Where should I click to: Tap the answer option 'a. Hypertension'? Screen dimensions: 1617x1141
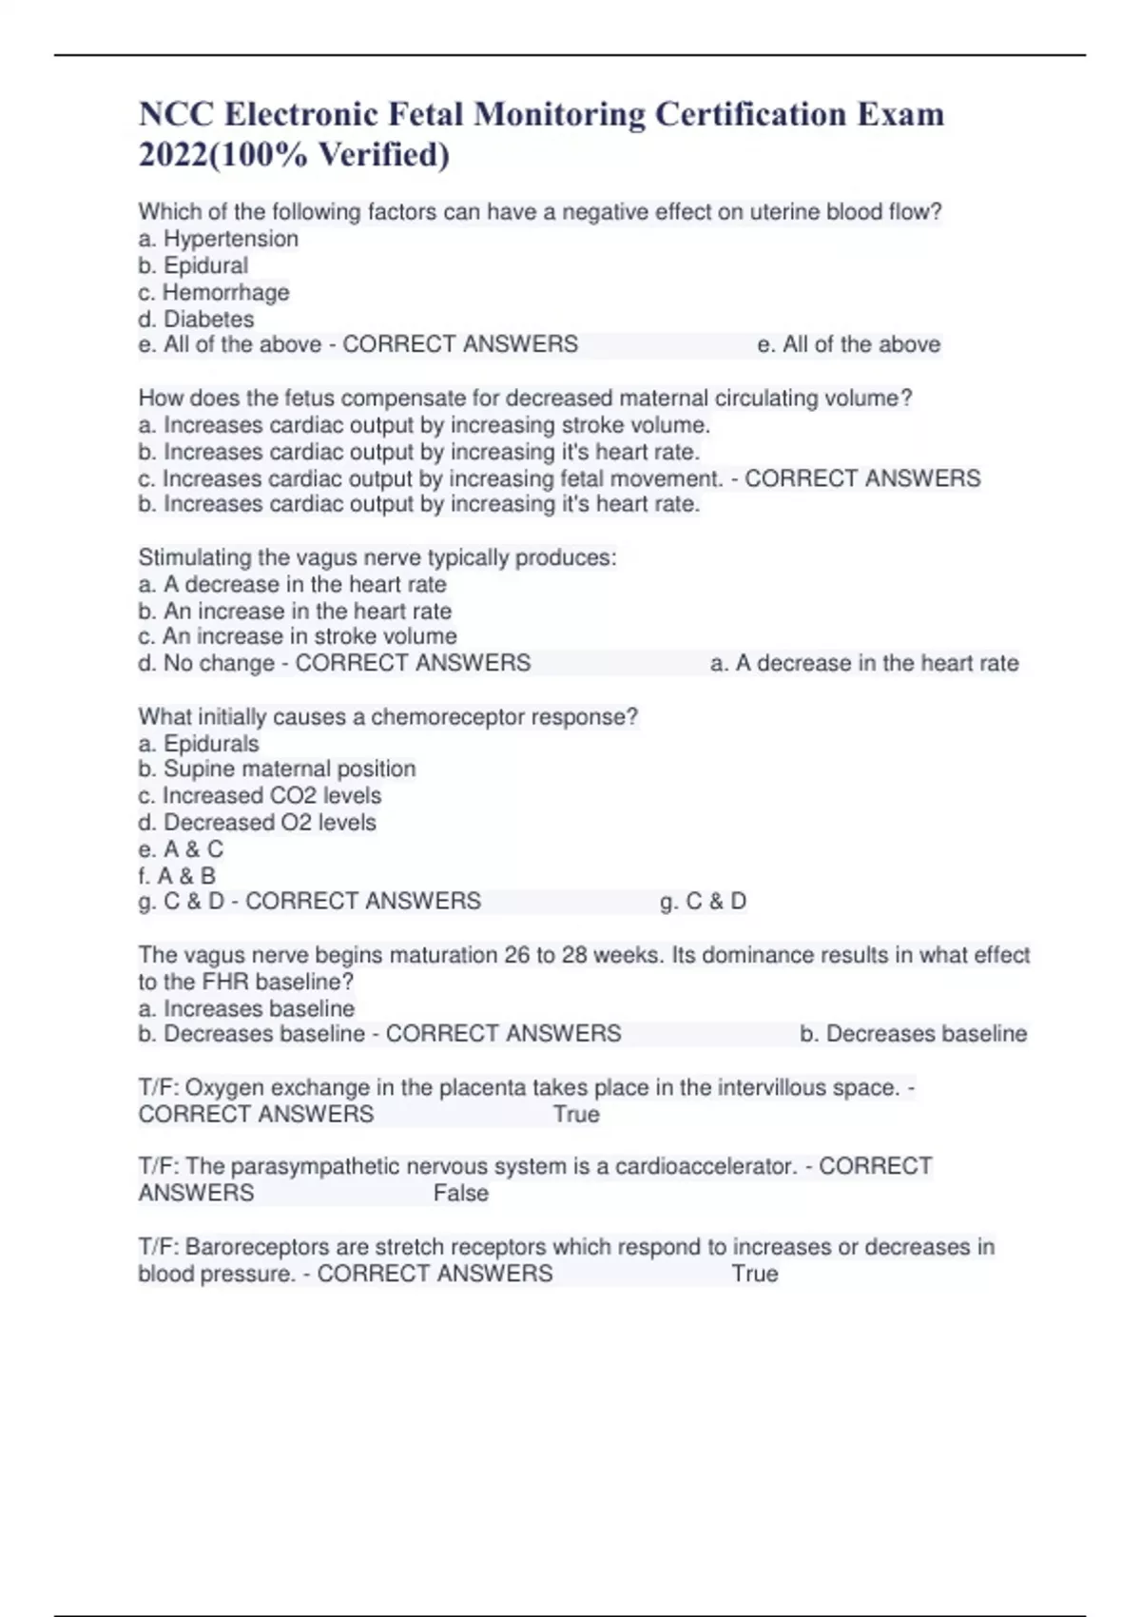pos(218,239)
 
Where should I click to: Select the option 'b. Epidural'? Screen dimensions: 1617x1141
pos(193,265)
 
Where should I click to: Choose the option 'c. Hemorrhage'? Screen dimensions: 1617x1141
pos(213,292)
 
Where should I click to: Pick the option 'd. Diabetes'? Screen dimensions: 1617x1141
pos(196,319)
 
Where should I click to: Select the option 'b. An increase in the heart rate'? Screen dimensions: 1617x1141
pos(295,611)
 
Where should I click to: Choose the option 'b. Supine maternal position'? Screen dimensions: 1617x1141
pos(277,769)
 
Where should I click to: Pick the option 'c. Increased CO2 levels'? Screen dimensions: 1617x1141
pos(260,795)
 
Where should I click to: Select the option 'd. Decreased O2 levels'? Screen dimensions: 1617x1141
pos(257,822)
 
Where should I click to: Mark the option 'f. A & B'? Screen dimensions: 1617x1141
pos(177,875)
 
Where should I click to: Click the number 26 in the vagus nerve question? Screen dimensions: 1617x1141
pos(517,955)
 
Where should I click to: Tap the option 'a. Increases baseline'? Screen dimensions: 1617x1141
pos(246,1008)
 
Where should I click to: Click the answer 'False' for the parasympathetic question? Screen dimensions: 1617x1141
pos(461,1193)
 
